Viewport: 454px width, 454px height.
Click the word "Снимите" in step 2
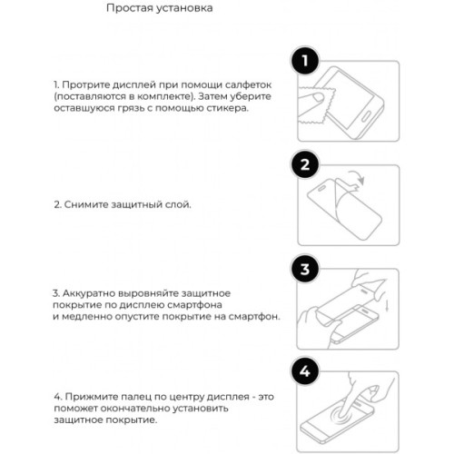85,205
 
